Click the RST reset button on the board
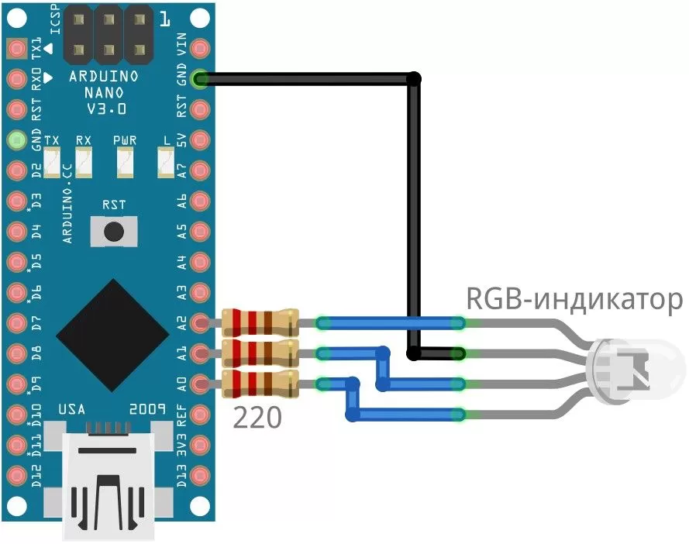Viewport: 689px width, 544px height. pos(115,231)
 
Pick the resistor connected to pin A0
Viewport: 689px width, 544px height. pos(259,383)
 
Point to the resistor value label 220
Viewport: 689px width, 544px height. pos(257,419)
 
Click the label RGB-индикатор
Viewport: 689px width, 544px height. pos(574,299)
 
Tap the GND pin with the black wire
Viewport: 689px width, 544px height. pos(201,79)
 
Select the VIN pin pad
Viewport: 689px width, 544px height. pos(201,49)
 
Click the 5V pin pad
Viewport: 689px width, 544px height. pos(201,139)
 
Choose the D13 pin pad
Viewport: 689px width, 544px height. pos(201,473)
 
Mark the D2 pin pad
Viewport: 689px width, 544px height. pos(16,170)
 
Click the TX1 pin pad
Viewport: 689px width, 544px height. pos(16,49)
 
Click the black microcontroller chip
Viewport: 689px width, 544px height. pos(113,333)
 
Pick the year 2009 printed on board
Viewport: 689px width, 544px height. pos(148,408)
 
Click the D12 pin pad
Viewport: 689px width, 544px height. pos(16,473)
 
